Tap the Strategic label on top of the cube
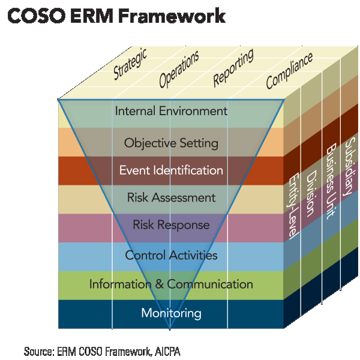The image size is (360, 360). [x=130, y=65]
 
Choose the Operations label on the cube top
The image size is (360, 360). [x=179, y=69]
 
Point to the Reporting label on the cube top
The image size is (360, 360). [x=233, y=67]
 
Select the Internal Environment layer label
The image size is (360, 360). [x=171, y=111]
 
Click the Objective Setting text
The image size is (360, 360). [x=171, y=143]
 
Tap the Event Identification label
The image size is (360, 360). [x=171, y=170]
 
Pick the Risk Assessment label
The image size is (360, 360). [x=171, y=197]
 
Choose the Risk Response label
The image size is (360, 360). [x=171, y=226]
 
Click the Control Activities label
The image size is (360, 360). [x=171, y=256]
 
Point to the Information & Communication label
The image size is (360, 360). [x=171, y=284]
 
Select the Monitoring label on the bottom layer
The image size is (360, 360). [x=171, y=313]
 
